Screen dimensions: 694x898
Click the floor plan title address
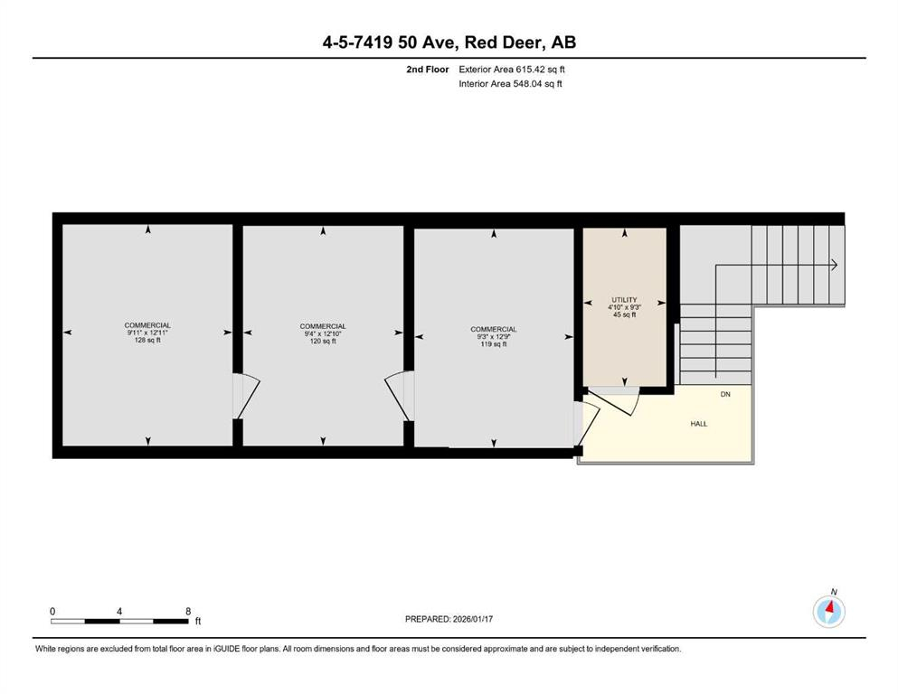[449, 42]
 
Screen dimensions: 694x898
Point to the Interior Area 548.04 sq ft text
[512, 84]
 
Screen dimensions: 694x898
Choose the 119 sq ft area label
[493, 344]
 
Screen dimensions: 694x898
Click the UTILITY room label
[624, 300]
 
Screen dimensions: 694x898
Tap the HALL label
[699, 422]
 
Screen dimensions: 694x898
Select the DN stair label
[725, 395]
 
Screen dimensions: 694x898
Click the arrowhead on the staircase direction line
[835, 265]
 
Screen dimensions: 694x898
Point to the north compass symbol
[828, 611]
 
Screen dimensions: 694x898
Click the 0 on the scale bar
[52, 611]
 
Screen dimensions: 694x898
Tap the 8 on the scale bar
[187, 611]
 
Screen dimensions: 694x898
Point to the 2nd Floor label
[427, 69]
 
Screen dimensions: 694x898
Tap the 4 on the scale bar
[119, 611]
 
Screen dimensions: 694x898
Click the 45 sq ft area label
[624, 314]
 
